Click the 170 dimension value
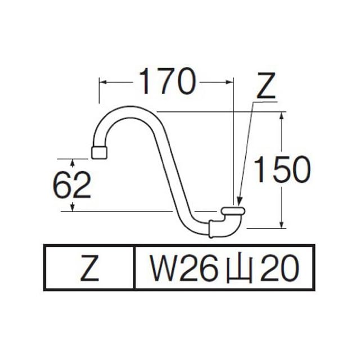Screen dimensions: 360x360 click(x=167, y=81)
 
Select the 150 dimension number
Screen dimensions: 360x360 click(x=282, y=169)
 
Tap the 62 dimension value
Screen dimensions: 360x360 click(x=72, y=185)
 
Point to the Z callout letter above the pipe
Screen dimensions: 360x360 click(x=266, y=85)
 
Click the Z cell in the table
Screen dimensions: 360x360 click(x=89, y=268)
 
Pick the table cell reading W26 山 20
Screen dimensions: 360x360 click(x=224, y=268)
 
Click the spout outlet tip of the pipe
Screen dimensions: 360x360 click(x=99, y=152)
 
